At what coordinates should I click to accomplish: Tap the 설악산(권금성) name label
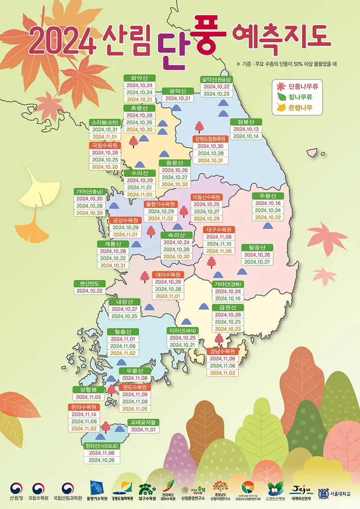(x=216, y=79)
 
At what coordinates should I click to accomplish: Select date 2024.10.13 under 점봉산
(x=246, y=129)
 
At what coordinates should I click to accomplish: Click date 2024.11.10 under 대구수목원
(x=219, y=244)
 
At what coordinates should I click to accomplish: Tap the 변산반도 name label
(x=90, y=283)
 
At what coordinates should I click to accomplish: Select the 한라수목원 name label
(x=84, y=407)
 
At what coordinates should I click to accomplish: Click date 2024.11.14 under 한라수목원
(x=84, y=414)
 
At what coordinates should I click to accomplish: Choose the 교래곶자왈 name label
(x=144, y=422)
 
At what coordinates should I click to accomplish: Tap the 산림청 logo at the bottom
(x=16, y=492)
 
